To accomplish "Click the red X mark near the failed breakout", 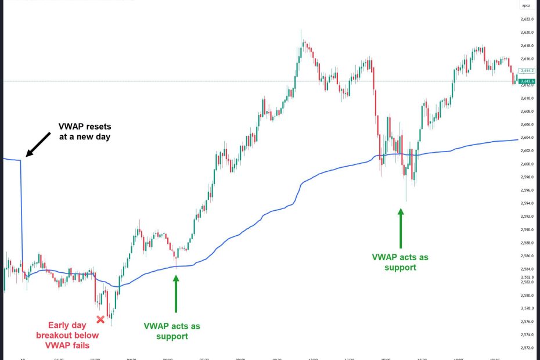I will click(x=100, y=319).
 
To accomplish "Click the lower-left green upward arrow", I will click(x=176, y=296).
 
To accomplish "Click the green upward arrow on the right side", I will click(x=400, y=229).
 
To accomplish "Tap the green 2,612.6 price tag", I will click(x=527, y=81).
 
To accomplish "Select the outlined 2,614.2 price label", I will click(x=527, y=70).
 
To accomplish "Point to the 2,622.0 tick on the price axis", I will click(x=527, y=19).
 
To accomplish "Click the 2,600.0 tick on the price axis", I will click(x=527, y=164).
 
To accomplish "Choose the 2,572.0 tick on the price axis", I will click(x=527, y=348).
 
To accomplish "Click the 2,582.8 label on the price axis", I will click(x=527, y=277).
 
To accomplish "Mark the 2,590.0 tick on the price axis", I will click(x=527, y=229).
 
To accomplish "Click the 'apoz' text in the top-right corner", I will click(x=525, y=6).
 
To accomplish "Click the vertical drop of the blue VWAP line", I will click(x=22, y=209).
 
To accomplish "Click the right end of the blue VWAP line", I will click(x=517, y=139).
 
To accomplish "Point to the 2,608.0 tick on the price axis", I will click(x=527, y=111).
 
